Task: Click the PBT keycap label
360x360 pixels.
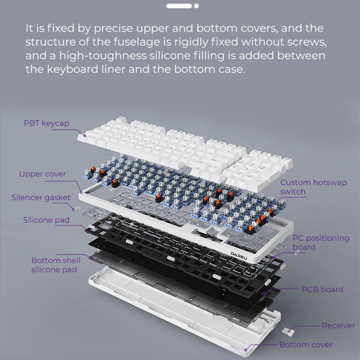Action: coord(46,123)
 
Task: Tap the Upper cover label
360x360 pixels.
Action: coord(42,174)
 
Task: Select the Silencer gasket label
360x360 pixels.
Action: coord(41,198)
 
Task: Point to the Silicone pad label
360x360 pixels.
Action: coord(46,220)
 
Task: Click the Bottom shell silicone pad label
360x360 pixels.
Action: coord(56,265)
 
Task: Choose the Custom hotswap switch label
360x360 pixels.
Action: coord(313,187)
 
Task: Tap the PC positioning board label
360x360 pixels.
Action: coord(321,243)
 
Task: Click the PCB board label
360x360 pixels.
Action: coord(323,289)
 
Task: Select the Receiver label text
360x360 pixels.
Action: coord(338,325)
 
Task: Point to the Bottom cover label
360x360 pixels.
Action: coord(306,345)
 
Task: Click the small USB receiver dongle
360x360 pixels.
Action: coord(288,332)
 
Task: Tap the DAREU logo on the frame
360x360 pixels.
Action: coord(239,256)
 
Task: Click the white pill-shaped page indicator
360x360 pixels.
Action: coord(179,6)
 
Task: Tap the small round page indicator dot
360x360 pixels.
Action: coord(196,6)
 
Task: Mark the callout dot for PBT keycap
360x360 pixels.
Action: coord(85,136)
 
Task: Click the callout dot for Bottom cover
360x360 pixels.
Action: coord(246,350)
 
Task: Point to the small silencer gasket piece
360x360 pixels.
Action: coord(76,208)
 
